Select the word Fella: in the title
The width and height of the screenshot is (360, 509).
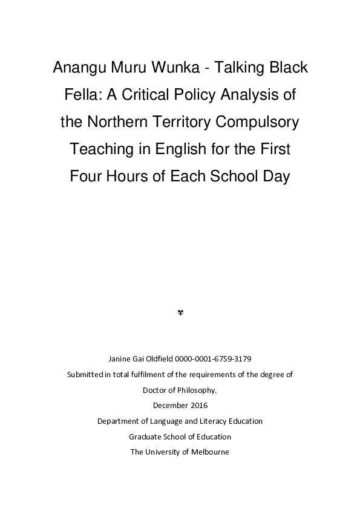[83, 95]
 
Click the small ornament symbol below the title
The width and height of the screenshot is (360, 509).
[180, 313]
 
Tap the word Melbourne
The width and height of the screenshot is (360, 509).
[209, 452]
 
